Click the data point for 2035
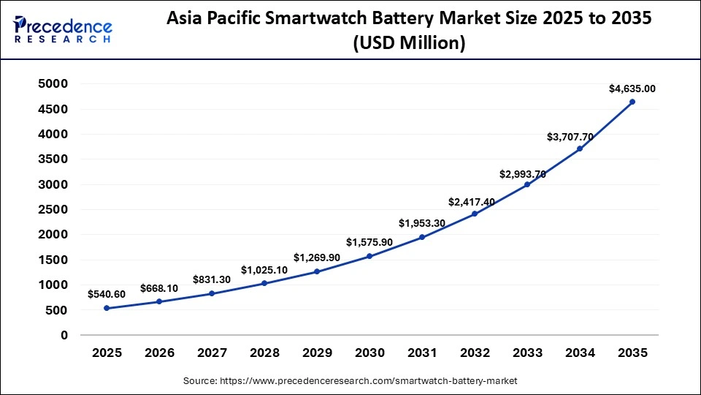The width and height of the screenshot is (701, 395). point(632,102)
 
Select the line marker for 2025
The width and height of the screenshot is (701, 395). point(107,308)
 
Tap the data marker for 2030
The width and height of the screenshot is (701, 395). point(369,256)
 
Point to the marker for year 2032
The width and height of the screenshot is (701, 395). point(475,214)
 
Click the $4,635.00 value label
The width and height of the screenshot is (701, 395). point(632,89)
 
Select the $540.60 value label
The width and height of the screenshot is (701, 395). point(107,294)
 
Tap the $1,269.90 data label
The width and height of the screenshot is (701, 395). point(317,257)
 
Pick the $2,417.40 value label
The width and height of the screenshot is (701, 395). point(475,200)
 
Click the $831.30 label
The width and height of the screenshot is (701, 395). point(212,279)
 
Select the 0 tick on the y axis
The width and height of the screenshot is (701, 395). point(64,335)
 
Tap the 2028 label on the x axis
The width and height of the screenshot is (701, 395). point(264,353)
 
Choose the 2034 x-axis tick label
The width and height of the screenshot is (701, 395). point(580,353)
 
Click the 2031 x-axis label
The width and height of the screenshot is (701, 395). point(422,353)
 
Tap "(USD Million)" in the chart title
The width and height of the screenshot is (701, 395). point(409,44)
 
